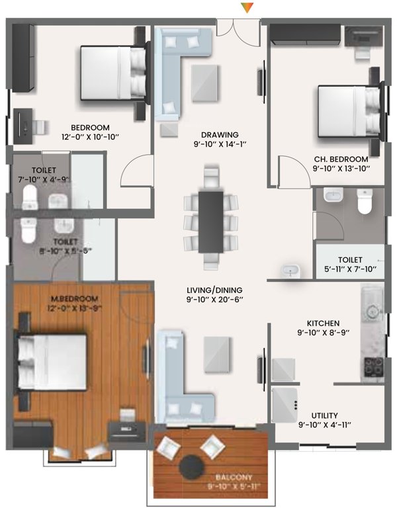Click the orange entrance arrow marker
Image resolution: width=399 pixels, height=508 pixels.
247,8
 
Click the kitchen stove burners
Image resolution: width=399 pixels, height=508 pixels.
371,365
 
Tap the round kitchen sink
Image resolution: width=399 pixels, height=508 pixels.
372,310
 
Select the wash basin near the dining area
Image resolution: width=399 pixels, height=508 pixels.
289,270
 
